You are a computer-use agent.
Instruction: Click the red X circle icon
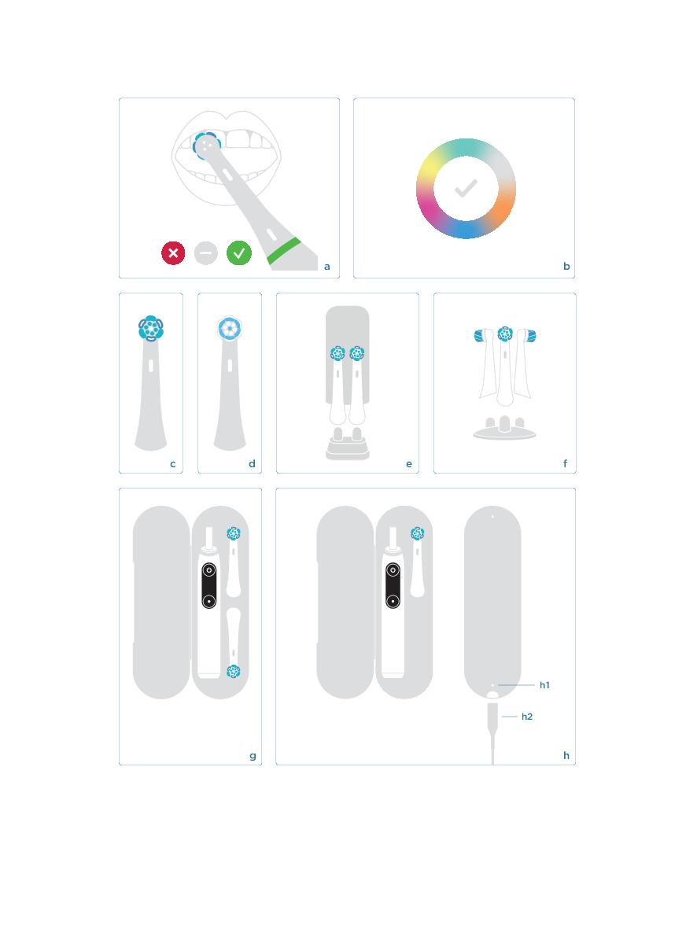[173, 253]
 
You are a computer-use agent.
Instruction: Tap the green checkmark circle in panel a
[239, 253]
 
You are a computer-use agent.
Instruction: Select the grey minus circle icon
[206, 253]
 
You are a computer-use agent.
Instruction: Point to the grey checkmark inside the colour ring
[466, 189]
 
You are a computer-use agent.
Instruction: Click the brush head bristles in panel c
[150, 328]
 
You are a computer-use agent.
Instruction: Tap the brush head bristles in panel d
[230, 328]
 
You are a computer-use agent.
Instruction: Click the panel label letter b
[566, 266]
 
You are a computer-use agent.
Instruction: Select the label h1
[544, 685]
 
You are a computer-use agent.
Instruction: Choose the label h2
[527, 717]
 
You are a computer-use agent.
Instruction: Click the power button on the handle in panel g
[208, 570]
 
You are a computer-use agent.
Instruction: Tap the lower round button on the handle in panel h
[393, 601]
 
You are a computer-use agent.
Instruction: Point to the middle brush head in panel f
[505, 334]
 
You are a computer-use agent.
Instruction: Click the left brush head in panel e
[337, 354]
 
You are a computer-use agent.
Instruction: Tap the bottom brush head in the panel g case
[234, 671]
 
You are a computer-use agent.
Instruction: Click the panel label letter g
[253, 756]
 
